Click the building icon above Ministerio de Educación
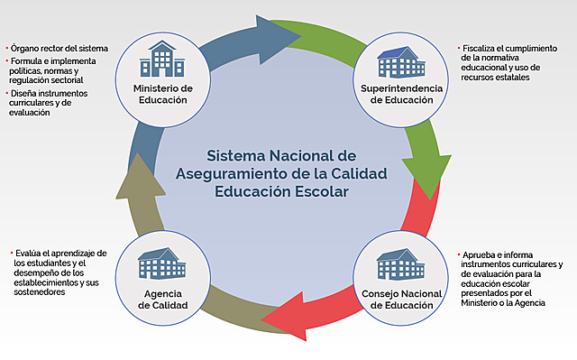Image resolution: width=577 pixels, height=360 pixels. pyautogui.click(x=162, y=60)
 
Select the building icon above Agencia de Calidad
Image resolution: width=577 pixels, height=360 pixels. pyautogui.click(x=162, y=264)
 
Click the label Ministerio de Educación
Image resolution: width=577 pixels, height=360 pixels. pyautogui.click(x=163, y=94)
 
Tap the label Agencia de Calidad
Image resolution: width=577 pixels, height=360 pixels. pyautogui.click(x=162, y=300)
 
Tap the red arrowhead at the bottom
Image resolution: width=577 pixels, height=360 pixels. pyautogui.click(x=280, y=318)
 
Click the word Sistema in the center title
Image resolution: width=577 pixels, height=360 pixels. pyautogui.click(x=236, y=155)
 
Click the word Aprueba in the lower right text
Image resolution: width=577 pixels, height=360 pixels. pyautogui.click(x=478, y=255)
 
